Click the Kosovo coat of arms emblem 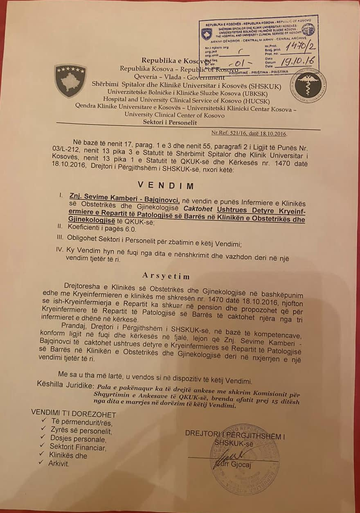click(x=71, y=81)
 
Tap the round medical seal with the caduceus click(x=308, y=86)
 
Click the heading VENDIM click(x=166, y=185)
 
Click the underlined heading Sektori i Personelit click(x=169, y=122)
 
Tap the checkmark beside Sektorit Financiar click(x=41, y=446)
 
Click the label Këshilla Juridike click(x=65, y=386)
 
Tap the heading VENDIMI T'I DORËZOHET click(x=74, y=414)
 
